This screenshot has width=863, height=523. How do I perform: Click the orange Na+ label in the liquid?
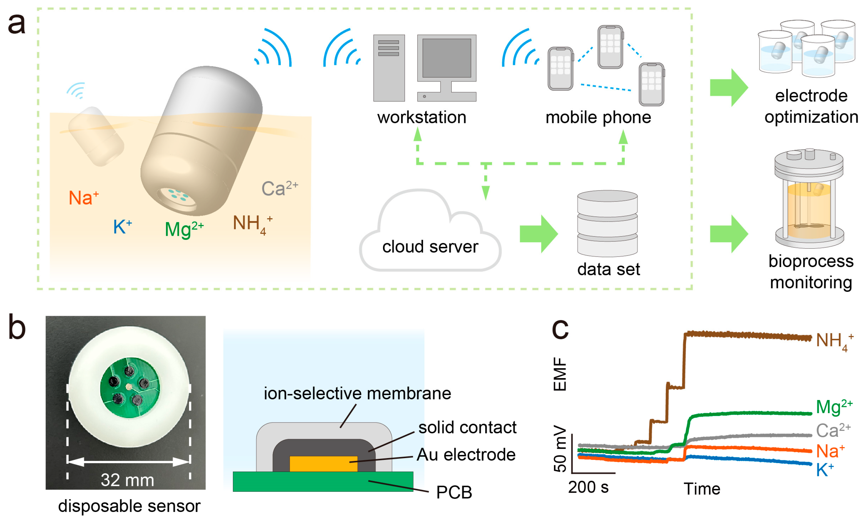(x=83, y=198)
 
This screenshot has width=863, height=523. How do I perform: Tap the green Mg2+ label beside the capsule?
(x=183, y=229)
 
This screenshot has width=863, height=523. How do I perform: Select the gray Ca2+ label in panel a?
(x=279, y=188)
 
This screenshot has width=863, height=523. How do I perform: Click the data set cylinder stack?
(x=607, y=223)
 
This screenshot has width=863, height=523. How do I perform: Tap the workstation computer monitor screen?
(x=447, y=58)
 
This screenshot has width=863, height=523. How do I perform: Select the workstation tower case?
(x=389, y=68)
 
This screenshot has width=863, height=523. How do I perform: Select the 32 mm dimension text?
(x=127, y=480)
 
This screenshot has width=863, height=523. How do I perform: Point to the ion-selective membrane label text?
(x=357, y=393)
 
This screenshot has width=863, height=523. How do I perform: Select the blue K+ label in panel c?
(x=824, y=470)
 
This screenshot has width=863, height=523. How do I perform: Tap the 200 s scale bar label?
(x=588, y=487)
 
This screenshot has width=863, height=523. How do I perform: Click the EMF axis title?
(x=560, y=374)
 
